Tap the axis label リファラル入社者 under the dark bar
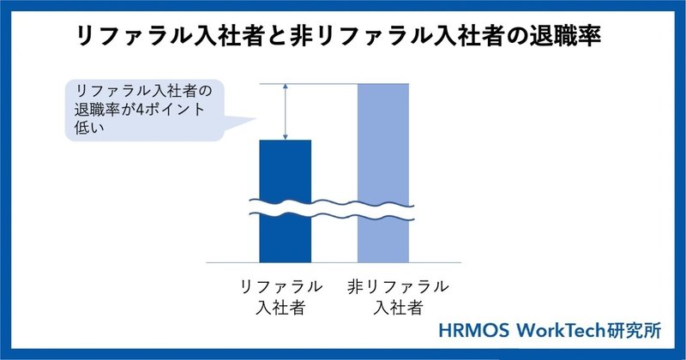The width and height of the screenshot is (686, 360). (x=281, y=297)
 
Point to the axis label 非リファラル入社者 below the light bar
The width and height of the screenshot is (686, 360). (x=398, y=297)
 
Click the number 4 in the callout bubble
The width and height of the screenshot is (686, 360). (x=140, y=110)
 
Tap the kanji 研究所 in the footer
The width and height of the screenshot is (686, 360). (x=634, y=331)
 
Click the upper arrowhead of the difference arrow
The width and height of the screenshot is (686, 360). (x=286, y=87)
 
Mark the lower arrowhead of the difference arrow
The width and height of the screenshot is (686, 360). (x=286, y=137)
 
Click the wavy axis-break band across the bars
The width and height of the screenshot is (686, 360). (x=332, y=208)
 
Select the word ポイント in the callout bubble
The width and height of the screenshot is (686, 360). (x=174, y=110)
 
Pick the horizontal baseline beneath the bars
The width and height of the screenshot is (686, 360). (x=334, y=263)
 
